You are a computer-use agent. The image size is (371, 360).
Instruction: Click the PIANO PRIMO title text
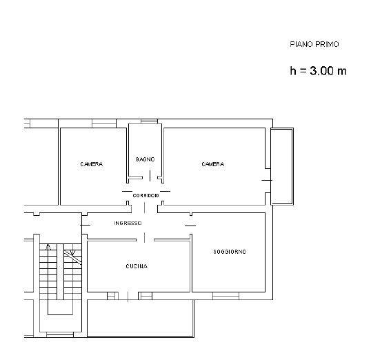[314, 44]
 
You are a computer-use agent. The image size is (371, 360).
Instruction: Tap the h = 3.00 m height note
[318, 70]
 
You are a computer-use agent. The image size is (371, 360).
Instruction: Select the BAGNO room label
[146, 159]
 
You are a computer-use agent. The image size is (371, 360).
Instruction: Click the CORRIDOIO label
[146, 195]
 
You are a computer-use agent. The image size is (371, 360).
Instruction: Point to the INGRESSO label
[128, 223]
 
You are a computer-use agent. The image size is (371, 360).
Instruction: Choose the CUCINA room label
[137, 266]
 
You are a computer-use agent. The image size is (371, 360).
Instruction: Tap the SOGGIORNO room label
[230, 252]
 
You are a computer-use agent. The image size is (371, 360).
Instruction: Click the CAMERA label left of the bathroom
[91, 164]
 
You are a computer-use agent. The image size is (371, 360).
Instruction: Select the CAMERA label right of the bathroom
[212, 164]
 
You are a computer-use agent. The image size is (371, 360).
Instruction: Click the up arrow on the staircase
[48, 247]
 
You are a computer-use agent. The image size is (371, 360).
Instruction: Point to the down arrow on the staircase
[73, 253]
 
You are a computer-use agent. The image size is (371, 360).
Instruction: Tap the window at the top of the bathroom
[149, 121]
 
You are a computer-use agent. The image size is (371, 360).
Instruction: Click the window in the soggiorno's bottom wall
[225, 296]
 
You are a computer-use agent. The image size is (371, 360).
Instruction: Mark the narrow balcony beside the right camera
[282, 166]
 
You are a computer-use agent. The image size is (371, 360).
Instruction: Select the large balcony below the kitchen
[141, 319]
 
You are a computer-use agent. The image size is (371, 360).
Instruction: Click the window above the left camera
[104, 123]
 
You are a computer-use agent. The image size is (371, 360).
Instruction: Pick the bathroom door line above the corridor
[150, 176]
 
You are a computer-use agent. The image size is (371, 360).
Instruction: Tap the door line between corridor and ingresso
[144, 208]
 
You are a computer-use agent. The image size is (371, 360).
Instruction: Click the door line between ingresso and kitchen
[144, 237]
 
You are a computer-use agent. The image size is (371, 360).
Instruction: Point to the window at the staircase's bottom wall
[60, 335]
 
